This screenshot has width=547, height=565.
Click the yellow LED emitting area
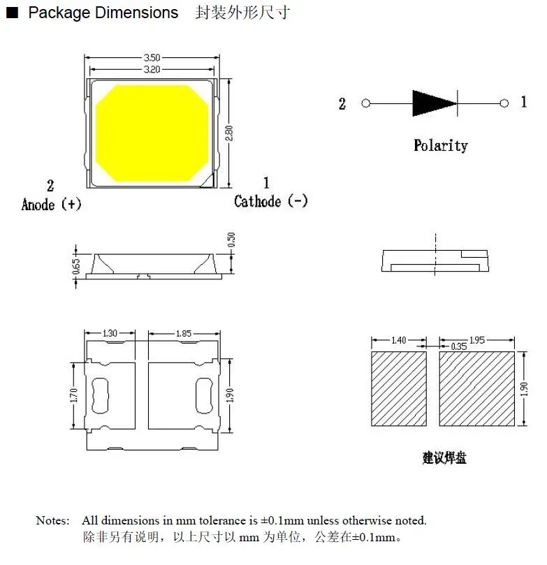point(152,133)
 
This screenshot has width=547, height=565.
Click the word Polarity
point(440,145)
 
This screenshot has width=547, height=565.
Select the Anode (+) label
point(52,204)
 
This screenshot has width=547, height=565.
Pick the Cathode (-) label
point(270,201)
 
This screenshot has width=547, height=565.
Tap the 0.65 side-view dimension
point(77,266)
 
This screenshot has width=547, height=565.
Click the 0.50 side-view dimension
point(232,241)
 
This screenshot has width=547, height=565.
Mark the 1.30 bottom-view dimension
point(110,334)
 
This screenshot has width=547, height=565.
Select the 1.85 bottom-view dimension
point(184,334)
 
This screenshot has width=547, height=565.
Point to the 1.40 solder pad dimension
point(398,340)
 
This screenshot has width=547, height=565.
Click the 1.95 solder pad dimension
point(477,340)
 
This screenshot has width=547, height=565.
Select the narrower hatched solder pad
point(398,388)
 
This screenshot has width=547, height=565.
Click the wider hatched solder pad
point(476,388)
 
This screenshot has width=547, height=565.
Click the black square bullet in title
point(11,13)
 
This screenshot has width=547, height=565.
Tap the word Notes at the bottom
point(52,520)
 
